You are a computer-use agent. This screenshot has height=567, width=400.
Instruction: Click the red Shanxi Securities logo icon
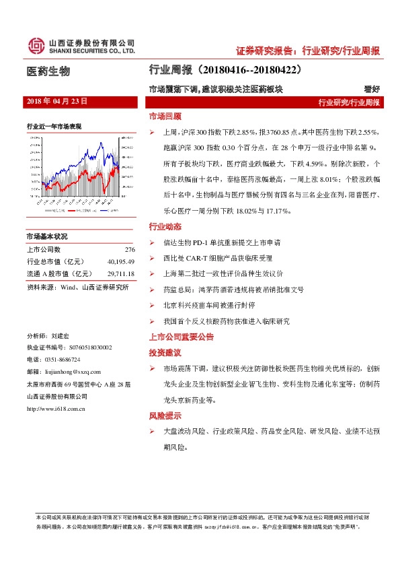(x=34, y=45)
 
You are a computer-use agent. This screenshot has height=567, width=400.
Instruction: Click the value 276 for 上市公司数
(x=130, y=250)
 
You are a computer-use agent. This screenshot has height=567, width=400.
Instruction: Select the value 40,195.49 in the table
(x=121, y=262)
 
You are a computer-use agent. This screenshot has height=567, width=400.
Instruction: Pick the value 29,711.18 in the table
(x=121, y=274)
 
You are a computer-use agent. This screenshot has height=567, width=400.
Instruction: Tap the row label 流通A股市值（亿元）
(x=59, y=274)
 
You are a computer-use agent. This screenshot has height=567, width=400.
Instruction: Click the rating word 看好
(x=372, y=89)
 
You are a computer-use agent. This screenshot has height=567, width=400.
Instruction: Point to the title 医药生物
(x=47, y=71)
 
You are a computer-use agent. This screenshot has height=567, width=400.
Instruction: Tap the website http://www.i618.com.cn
(x=58, y=407)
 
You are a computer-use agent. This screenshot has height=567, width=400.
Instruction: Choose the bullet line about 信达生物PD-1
(x=222, y=242)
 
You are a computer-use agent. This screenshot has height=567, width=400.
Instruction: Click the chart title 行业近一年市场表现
(x=54, y=126)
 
